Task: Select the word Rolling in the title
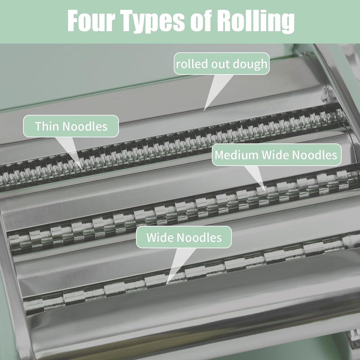pos(256,21)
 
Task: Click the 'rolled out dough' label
pos(221,64)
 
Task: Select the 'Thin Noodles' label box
pos(71,126)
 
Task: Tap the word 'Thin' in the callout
pos(47,126)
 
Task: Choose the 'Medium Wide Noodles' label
pos(276,155)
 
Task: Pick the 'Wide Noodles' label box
pos(184,237)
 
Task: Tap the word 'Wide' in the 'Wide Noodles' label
pos(160,237)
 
